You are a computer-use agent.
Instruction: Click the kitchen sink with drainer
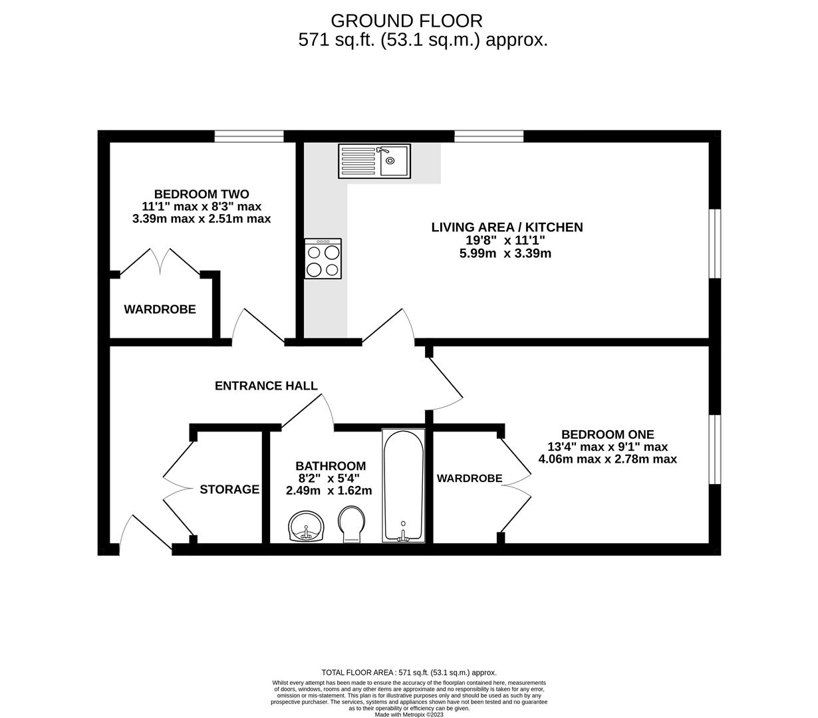pos(374,161)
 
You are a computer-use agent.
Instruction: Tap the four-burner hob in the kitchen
pos(323,259)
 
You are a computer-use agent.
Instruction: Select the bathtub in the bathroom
pos(403,485)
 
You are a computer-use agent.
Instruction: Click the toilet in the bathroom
pos(352,525)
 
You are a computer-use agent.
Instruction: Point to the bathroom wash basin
pos(307,527)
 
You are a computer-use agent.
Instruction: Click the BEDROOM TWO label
pos(202,194)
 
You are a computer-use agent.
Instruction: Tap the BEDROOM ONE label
pos(607,434)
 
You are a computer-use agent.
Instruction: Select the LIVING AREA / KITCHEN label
pos(507,227)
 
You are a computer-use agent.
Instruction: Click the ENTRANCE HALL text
pos(266,386)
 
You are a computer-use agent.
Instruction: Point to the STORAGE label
pos(229,489)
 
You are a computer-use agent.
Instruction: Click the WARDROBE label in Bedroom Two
pos(160,309)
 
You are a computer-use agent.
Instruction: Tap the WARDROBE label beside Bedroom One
pos(469,478)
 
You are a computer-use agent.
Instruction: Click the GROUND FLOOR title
pos(406,21)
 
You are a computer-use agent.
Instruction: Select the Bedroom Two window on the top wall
pos(249,136)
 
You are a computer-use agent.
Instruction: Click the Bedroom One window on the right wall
pos(714,449)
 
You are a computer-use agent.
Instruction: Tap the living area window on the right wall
pos(714,243)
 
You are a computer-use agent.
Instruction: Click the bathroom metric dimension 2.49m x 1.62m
pos(329,491)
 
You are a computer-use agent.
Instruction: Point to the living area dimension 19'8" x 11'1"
pos(505,241)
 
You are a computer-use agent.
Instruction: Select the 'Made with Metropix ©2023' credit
pos(408,715)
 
